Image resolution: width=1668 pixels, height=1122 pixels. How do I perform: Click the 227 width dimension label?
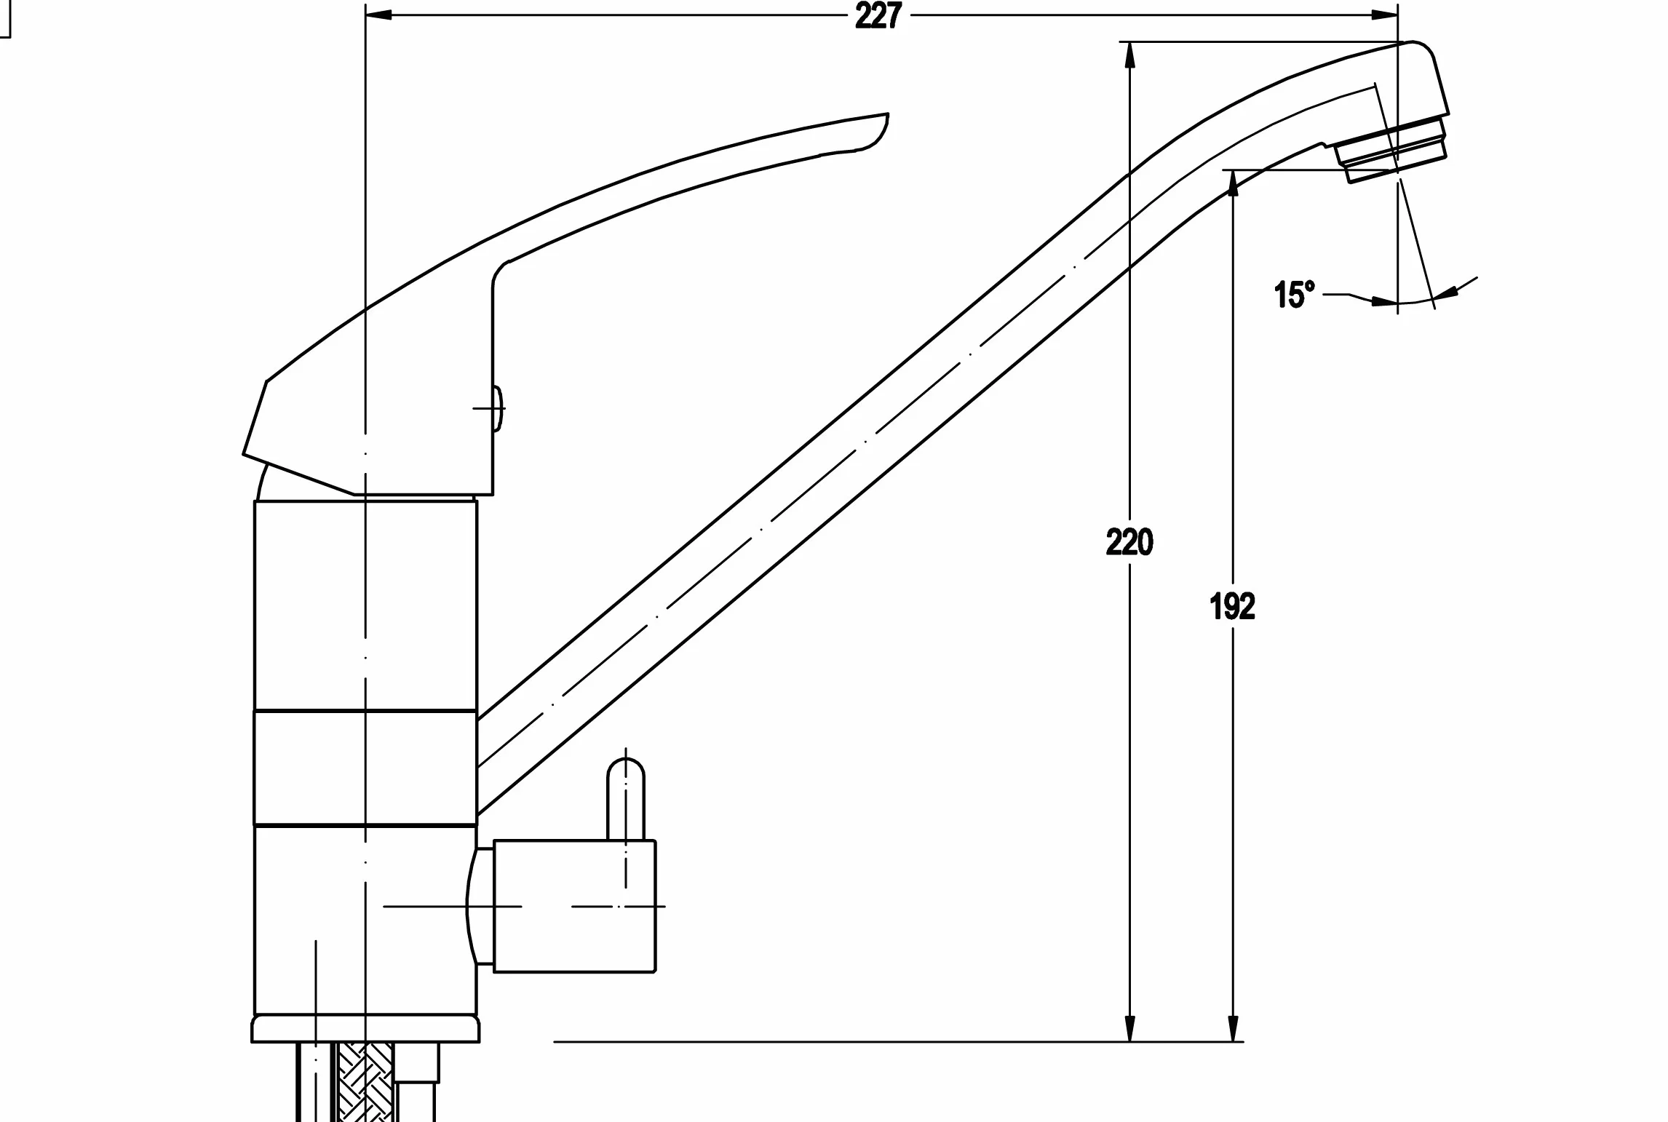[x=878, y=15]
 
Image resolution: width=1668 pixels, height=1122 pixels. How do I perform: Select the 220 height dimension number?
[x=1129, y=543]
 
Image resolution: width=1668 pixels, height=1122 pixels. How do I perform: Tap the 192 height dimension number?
[x=1233, y=607]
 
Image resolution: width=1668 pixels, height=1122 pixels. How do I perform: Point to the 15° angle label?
[x=1295, y=295]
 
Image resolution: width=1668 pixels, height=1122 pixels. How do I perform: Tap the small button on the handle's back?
[x=499, y=409]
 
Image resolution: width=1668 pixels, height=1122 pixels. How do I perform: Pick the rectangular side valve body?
[x=575, y=906]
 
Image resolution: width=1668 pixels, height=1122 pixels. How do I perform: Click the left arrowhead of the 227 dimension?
[x=378, y=15]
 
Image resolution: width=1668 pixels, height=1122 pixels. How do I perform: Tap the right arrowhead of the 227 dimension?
[x=1383, y=15]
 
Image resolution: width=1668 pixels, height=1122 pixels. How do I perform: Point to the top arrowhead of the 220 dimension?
[x=1129, y=55]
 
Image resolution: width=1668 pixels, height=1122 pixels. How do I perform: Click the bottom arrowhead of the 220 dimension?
[x=1129, y=1027]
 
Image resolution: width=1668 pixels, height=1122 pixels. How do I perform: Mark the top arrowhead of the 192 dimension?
[x=1233, y=184]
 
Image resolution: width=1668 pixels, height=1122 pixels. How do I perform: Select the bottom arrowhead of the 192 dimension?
[x=1233, y=1027]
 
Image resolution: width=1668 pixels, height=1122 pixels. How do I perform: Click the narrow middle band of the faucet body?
[x=365, y=767]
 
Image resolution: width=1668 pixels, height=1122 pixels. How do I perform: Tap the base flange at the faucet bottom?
[x=365, y=1029]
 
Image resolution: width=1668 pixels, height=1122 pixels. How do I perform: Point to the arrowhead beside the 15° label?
[x=1383, y=300]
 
